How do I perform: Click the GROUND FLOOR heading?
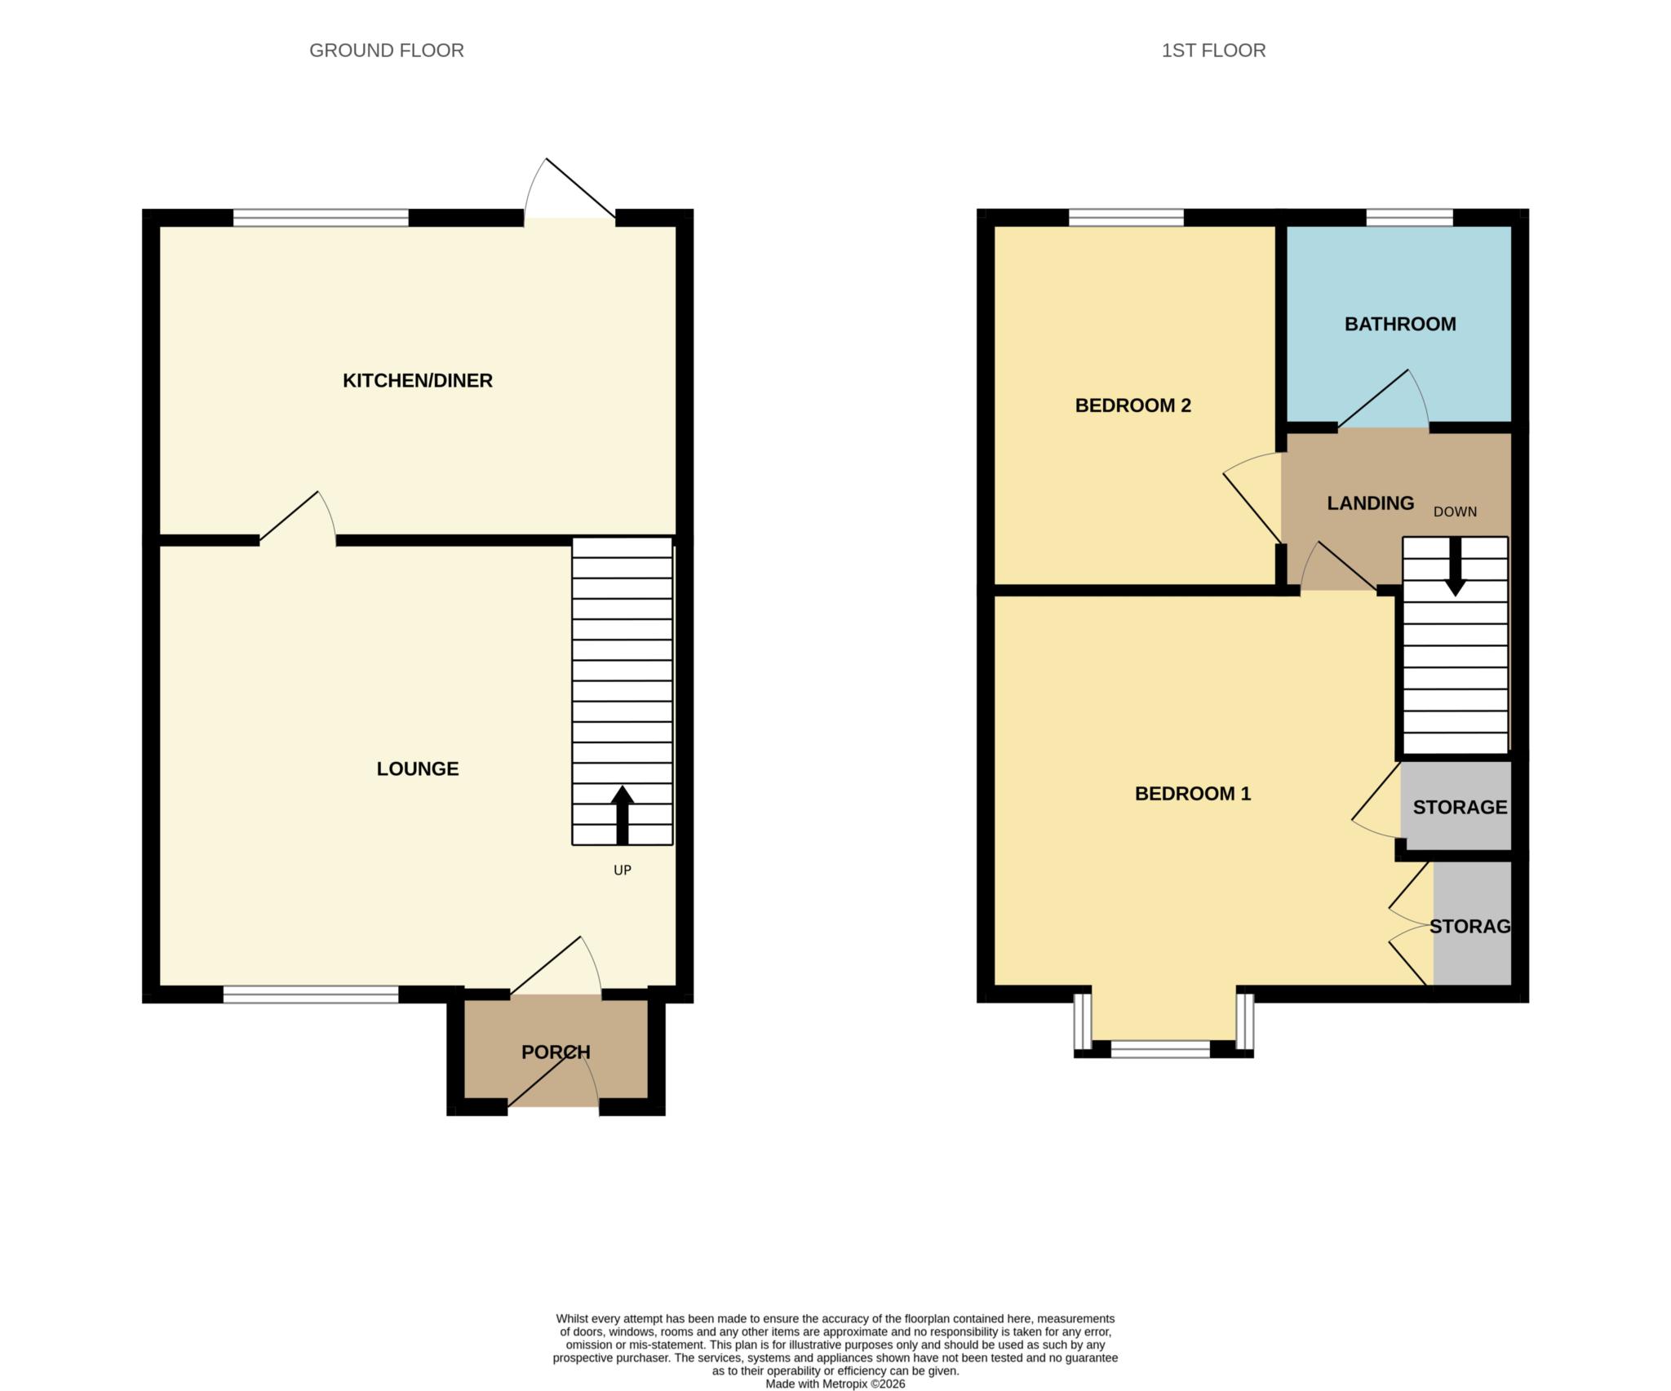(386, 51)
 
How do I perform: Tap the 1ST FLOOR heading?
(1213, 51)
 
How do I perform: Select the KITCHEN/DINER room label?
(417, 380)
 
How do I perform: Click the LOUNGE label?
(417, 769)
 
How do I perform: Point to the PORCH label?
(556, 1052)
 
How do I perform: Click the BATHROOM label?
(1400, 324)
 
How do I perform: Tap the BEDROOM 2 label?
(1132, 405)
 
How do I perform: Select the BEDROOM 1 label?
(1192, 793)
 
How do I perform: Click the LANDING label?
(1370, 503)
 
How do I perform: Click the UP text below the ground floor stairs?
(622, 870)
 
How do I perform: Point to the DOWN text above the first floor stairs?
(1455, 512)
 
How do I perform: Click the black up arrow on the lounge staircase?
(622, 813)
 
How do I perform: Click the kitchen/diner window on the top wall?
(321, 218)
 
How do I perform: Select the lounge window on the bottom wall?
(311, 994)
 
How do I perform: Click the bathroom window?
(1409, 218)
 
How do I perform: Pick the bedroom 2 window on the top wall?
(1126, 218)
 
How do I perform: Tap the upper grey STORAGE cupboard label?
(1459, 807)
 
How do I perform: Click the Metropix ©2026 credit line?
(835, 1384)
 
